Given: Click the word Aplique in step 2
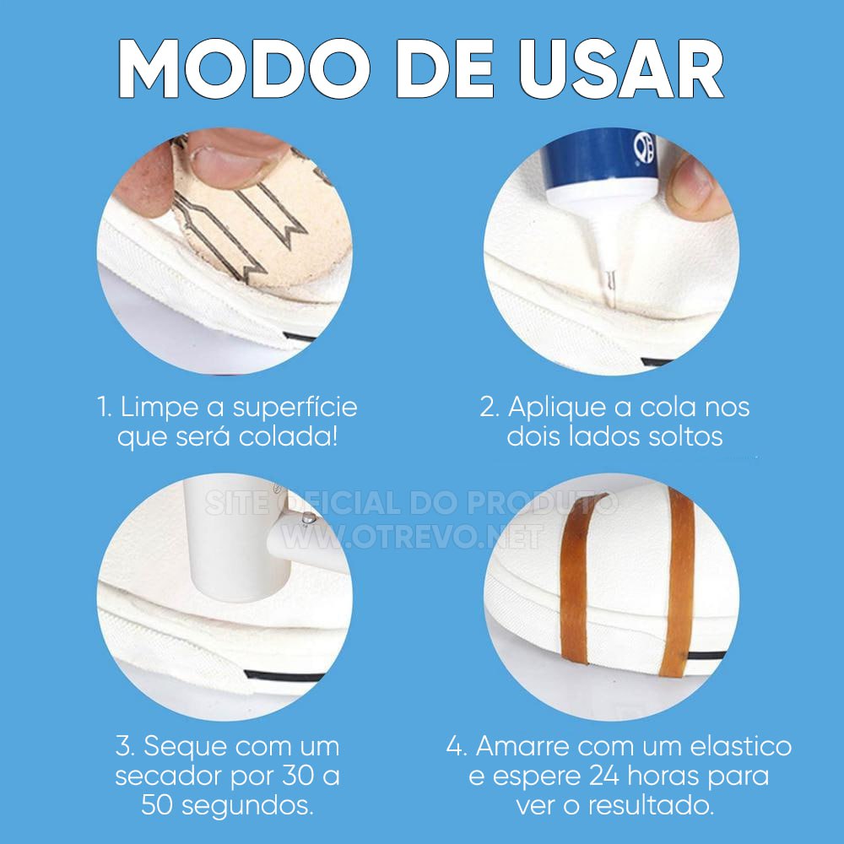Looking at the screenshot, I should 558,408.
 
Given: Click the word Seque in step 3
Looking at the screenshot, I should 183,747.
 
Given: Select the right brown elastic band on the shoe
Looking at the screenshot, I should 677,582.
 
